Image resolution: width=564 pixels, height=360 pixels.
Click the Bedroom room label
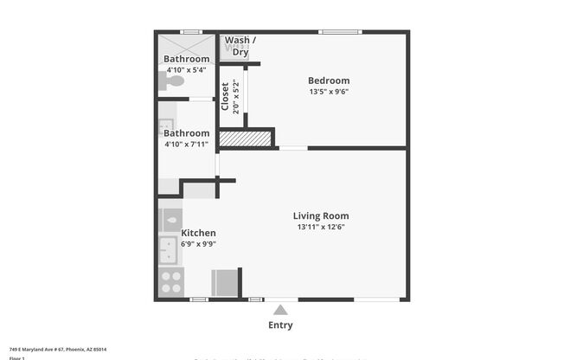[329, 80]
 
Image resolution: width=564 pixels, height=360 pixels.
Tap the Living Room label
[321, 216]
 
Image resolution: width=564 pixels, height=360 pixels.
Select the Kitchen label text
[198, 233]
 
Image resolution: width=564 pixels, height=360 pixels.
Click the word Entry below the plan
[280, 325]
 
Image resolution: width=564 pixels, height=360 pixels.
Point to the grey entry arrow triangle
[280, 309]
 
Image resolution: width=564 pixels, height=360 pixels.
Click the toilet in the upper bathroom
[174, 80]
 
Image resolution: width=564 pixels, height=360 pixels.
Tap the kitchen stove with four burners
[170, 281]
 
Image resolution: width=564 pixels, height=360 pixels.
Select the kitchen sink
[168, 251]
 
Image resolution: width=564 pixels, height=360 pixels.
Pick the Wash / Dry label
[240, 46]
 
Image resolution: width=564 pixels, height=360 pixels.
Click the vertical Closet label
[225, 97]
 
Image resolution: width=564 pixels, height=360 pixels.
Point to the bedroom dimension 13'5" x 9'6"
[329, 92]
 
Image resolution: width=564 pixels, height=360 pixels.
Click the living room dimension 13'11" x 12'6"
[321, 228]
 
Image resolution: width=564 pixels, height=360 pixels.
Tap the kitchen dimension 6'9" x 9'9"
[198, 244]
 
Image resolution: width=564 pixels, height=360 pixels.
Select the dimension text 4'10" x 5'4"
[186, 70]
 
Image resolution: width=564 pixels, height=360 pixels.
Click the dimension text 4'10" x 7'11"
[186, 145]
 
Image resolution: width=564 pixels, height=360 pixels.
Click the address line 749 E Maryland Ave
[57, 349]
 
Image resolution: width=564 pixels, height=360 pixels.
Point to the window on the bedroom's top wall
[340, 33]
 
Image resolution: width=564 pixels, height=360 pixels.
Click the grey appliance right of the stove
[224, 282]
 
